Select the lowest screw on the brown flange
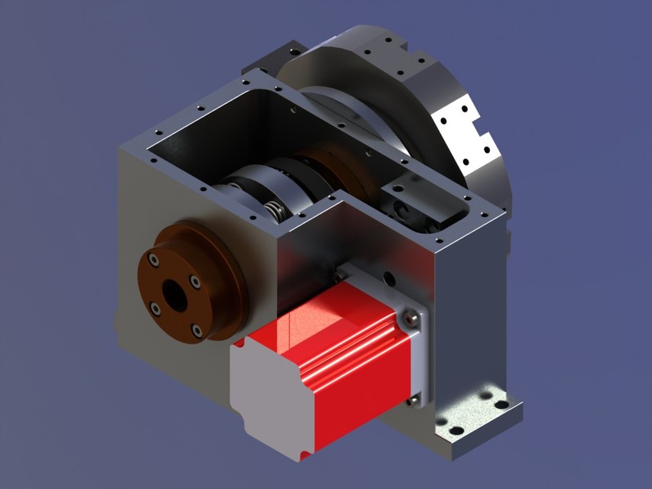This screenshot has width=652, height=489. coord(196,330)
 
